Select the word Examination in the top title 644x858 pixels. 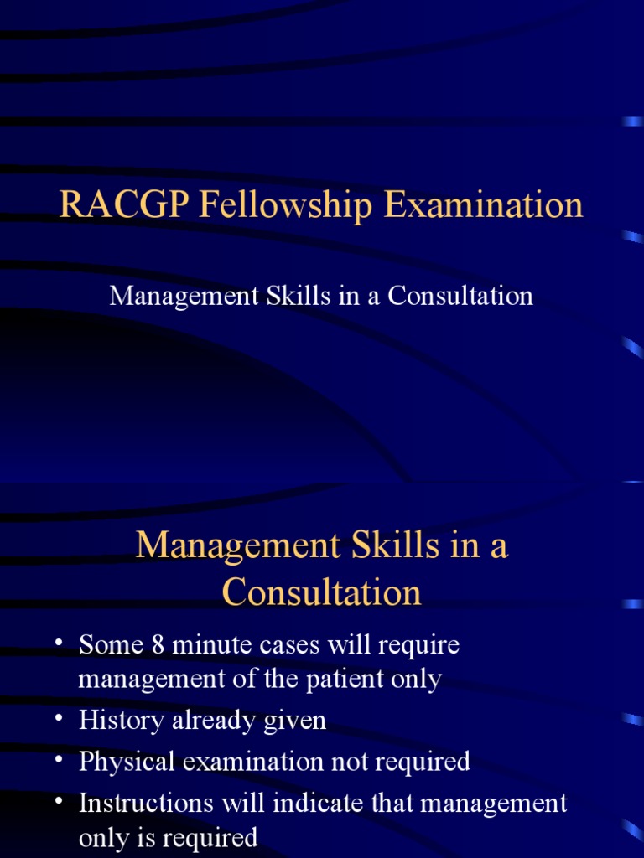pos(484,205)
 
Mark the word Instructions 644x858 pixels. pos(146,803)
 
